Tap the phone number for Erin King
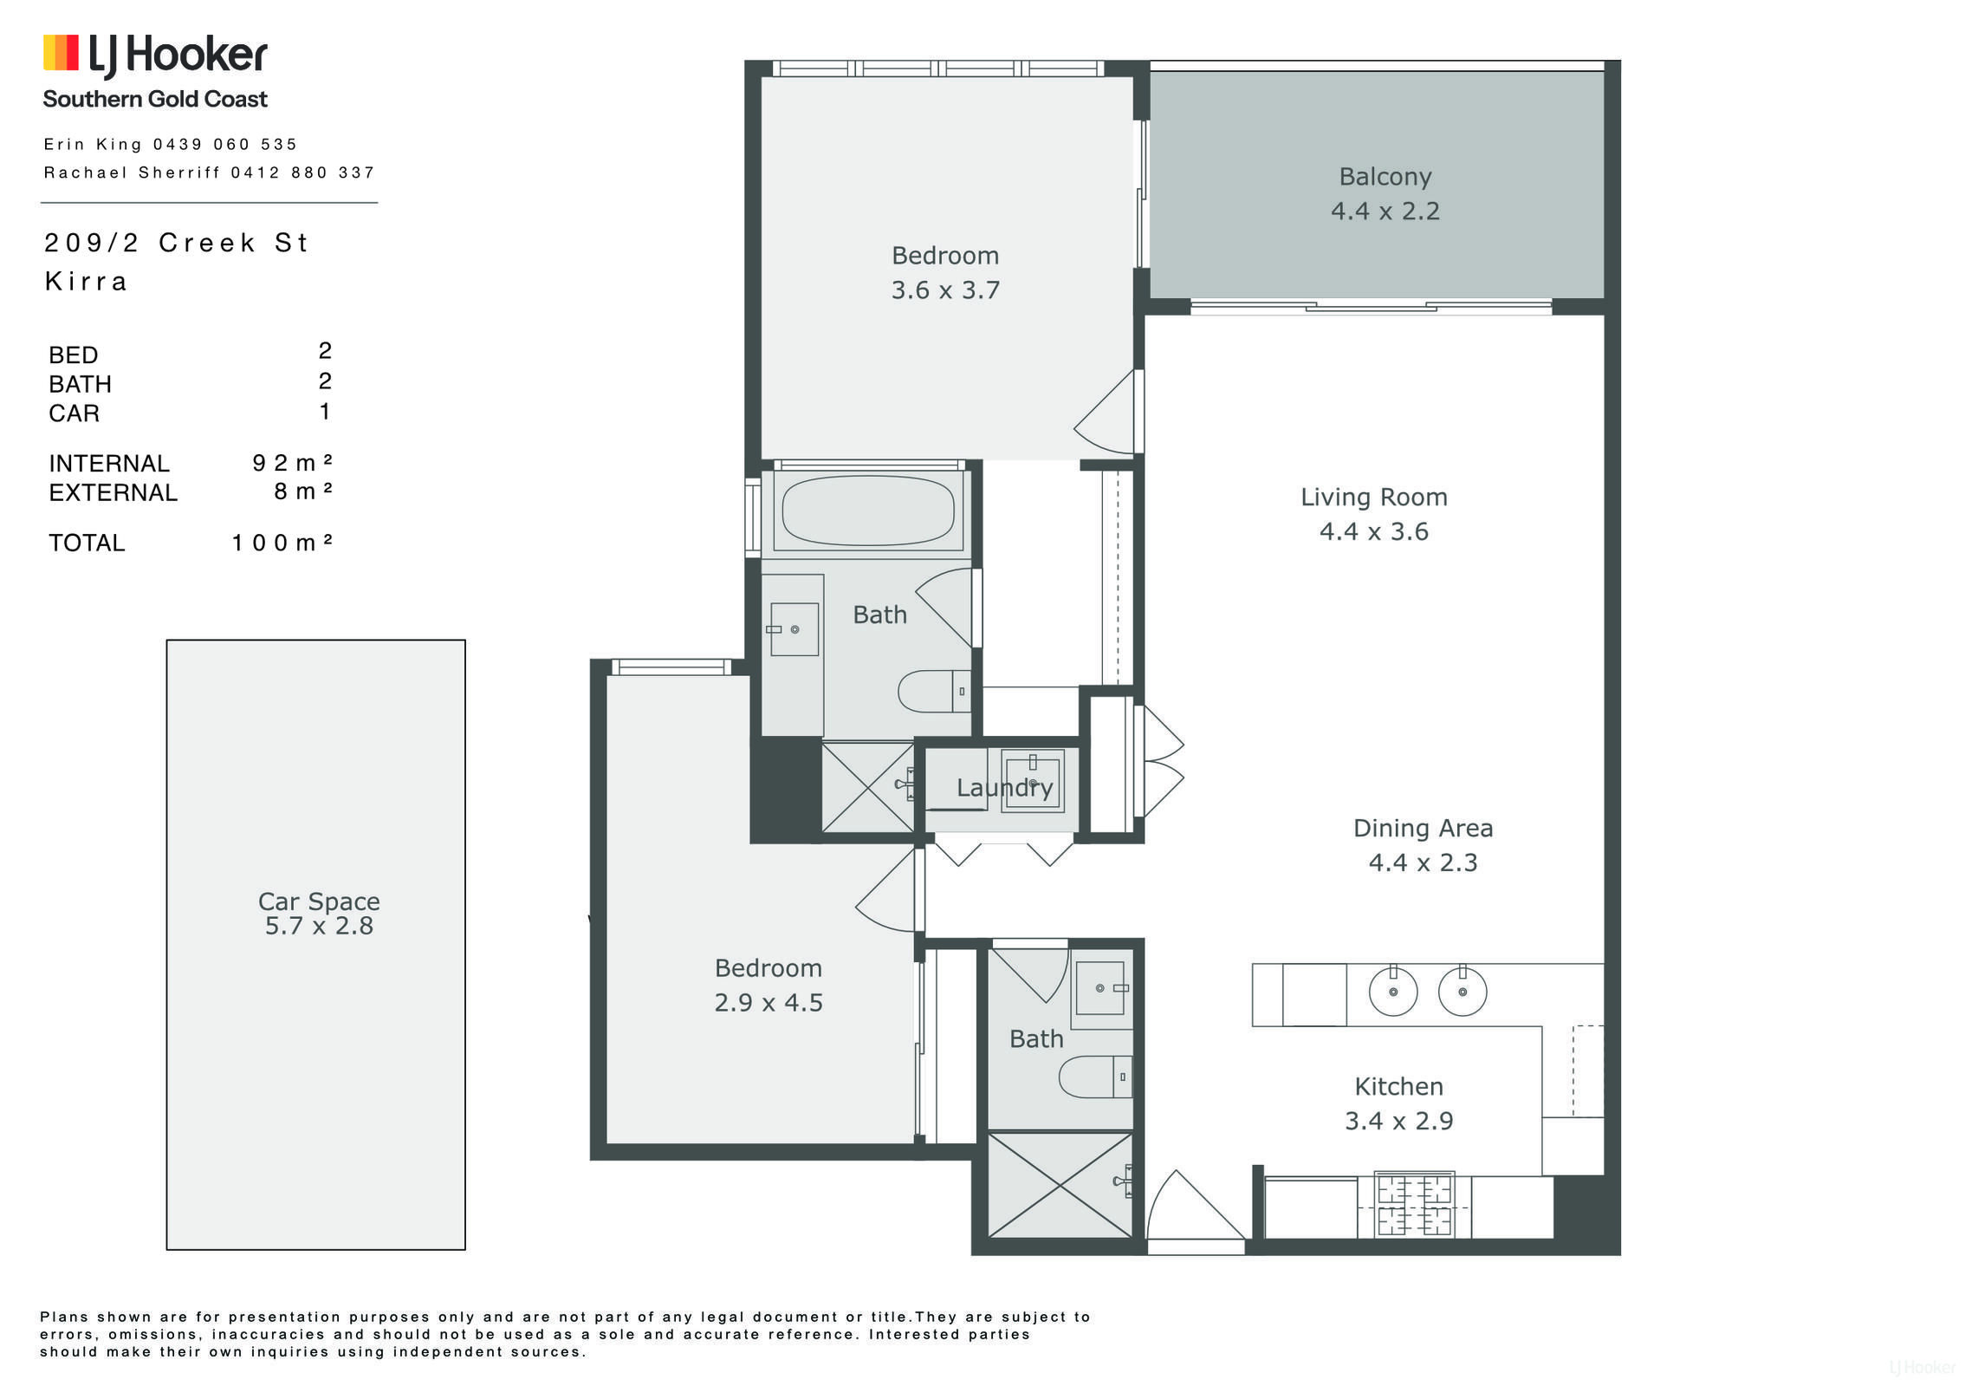pos(225,144)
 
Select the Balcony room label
pos(1385,177)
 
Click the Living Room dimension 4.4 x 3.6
pos(1374,531)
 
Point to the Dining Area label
pos(1423,828)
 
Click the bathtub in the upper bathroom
pos(868,511)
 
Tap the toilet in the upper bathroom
pos(934,691)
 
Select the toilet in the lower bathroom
pos(1095,1077)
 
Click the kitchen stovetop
pos(1414,1204)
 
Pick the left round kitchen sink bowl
pos(1393,991)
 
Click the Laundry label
pos(1004,788)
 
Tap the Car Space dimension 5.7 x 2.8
pos(319,926)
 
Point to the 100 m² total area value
pos(282,543)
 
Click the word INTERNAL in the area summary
pos(109,464)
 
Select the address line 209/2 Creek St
pos(176,243)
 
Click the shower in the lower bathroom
pos(1060,1185)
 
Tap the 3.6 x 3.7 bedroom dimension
pos(945,290)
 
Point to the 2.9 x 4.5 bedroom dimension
pos(769,1003)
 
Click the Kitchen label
pos(1398,1086)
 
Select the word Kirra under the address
pos(86,282)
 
